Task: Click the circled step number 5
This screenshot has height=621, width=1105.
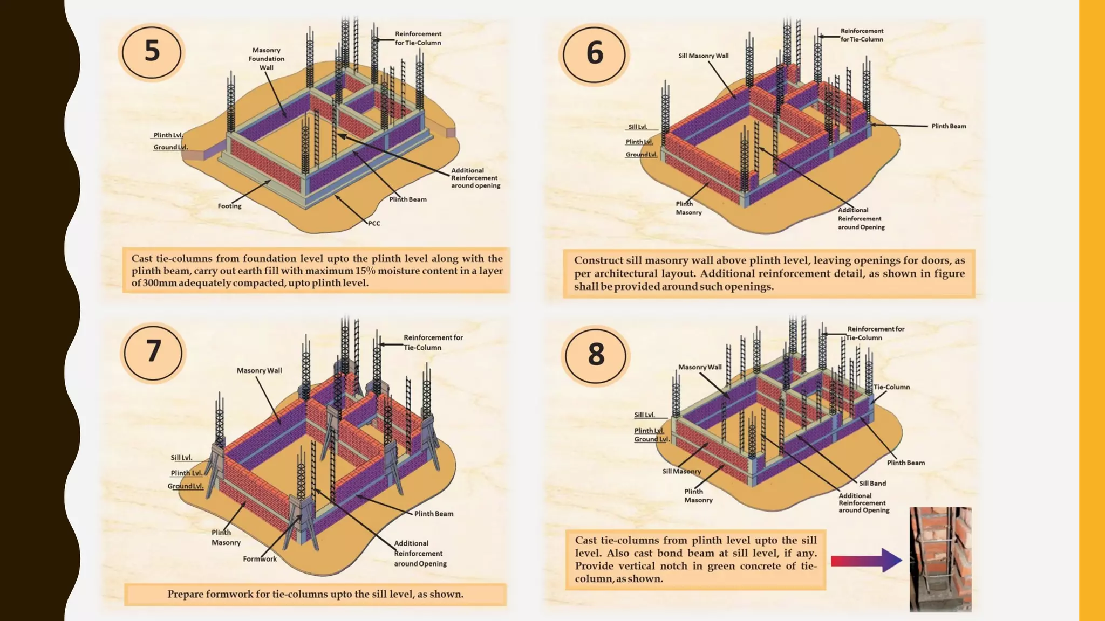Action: coord(152,52)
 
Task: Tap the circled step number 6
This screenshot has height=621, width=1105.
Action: coord(595,53)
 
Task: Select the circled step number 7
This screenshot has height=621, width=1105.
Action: coord(153,351)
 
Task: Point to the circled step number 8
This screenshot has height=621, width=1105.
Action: coord(596,355)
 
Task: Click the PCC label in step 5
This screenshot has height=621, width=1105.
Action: coord(374,223)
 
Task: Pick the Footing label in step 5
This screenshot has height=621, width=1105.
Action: coord(229,206)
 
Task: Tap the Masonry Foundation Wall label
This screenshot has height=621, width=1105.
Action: coord(266,59)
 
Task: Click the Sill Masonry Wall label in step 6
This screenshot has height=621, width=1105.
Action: coord(703,56)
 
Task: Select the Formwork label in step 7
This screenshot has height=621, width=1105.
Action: coord(260,559)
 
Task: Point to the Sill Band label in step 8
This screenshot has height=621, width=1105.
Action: coord(872,483)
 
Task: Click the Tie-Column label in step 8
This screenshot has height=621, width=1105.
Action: coord(891,387)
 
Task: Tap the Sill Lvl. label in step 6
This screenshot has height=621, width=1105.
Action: coord(637,127)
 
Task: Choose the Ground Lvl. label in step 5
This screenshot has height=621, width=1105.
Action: coord(170,147)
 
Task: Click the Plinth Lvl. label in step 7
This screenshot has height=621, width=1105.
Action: coord(187,473)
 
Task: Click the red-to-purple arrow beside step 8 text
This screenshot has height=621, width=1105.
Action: coord(865,561)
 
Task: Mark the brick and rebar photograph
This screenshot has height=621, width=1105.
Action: coord(940,559)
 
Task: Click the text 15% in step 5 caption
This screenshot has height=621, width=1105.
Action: coord(365,271)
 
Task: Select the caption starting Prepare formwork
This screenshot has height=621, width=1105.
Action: coord(315,594)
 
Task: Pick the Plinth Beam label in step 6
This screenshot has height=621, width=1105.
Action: coord(949,126)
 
